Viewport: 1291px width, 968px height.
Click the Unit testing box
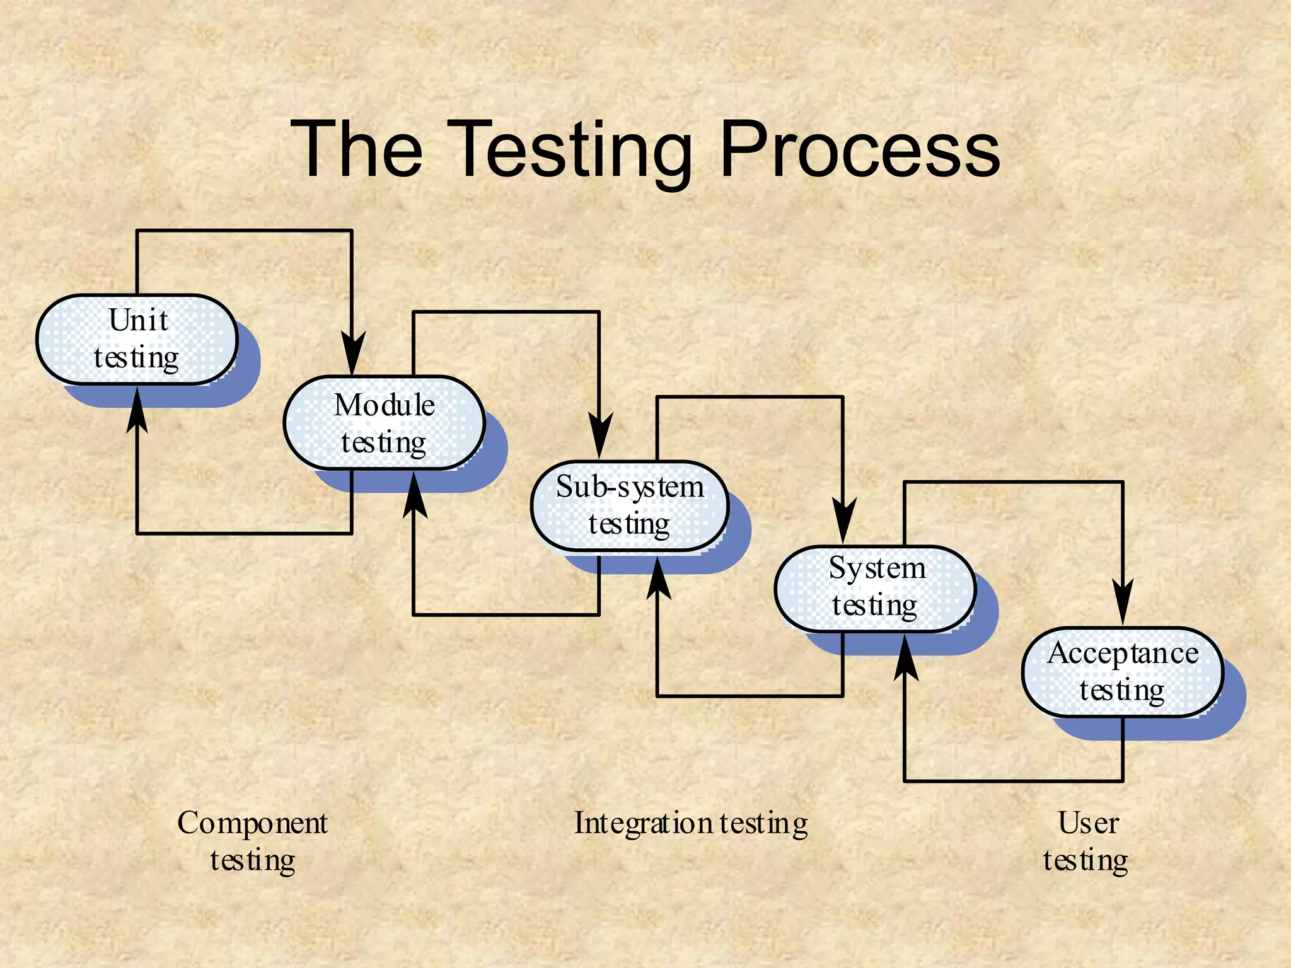tap(137, 339)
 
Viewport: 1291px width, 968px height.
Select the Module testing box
tap(384, 423)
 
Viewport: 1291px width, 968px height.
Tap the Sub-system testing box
tap(630, 505)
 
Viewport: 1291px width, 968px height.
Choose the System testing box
tap(875, 588)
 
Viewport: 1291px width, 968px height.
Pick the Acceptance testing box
tap(1122, 672)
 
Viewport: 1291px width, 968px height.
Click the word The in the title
tap(357, 150)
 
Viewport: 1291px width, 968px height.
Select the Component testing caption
tap(252, 841)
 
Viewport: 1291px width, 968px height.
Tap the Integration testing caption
tap(691, 823)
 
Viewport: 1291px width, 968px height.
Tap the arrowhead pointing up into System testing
tap(905, 659)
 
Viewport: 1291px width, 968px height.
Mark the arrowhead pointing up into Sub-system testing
tap(658, 579)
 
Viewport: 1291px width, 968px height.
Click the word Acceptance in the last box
tap(1123, 653)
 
